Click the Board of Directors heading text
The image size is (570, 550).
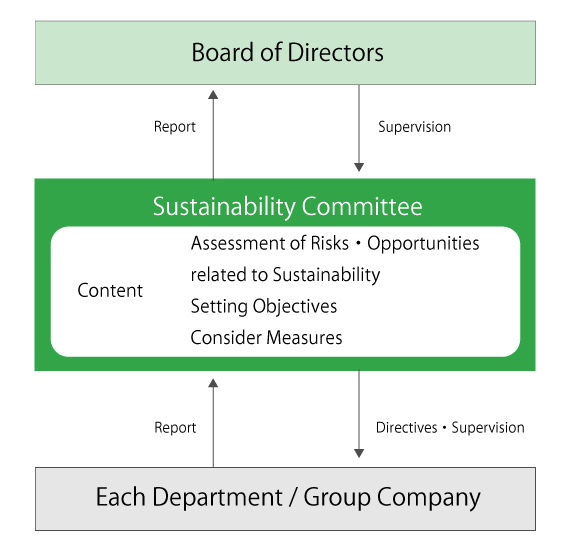coord(287,53)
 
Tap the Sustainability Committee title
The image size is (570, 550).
coord(288,206)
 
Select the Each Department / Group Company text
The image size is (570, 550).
coord(288,497)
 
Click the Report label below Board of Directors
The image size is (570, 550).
coord(175,127)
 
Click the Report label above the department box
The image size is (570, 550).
coord(175,428)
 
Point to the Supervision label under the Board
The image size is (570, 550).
coord(414,127)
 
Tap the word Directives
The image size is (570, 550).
coord(406,427)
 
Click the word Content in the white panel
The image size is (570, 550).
coord(110,290)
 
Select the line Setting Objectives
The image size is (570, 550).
coord(264,306)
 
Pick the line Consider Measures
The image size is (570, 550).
coord(266,338)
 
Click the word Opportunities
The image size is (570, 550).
coord(423,244)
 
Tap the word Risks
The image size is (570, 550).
coord(330,243)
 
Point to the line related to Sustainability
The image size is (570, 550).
coord(285,275)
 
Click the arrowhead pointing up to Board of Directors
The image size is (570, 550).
coord(213,95)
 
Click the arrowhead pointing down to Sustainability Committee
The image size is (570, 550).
coord(359,167)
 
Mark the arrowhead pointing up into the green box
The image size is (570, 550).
coord(213,383)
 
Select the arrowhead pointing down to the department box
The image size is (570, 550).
coord(359,453)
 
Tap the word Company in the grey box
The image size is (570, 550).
coord(429,498)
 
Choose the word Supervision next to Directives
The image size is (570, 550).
coord(488,428)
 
